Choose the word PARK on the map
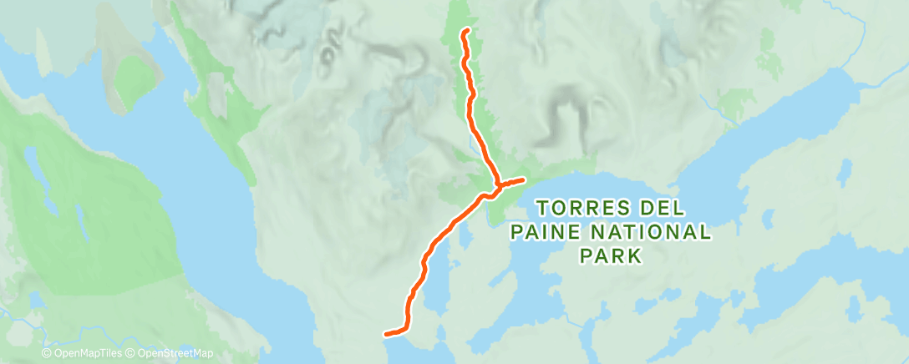pos(612,255)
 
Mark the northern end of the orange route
pos(465,31)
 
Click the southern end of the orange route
pos(385,336)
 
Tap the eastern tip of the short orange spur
pos(523,179)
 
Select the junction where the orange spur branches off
pos(497,184)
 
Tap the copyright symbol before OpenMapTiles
pos(47,353)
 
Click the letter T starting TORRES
pos(541,205)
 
